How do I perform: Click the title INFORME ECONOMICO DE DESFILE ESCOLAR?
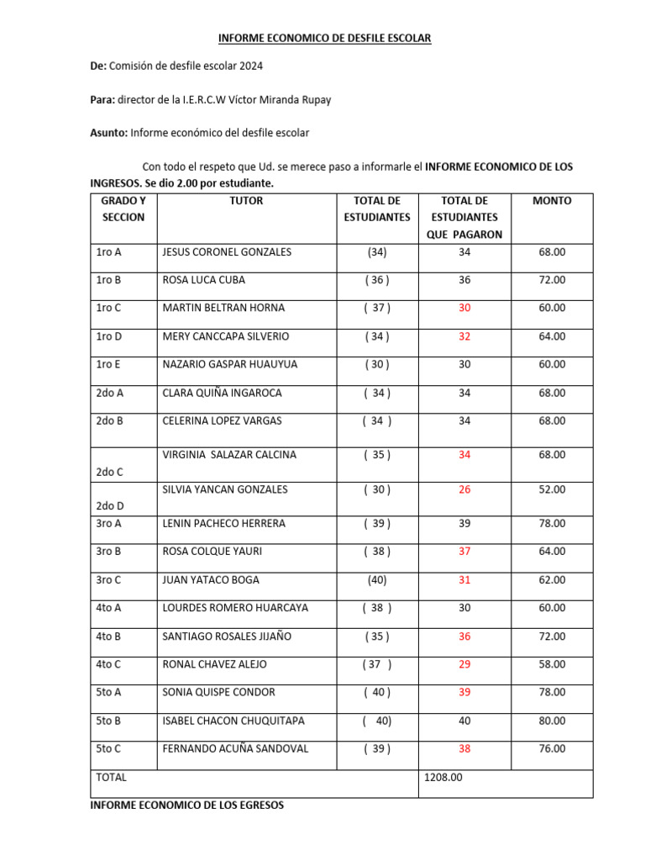point(324,38)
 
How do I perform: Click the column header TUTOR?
point(246,201)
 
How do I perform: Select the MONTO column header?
point(552,201)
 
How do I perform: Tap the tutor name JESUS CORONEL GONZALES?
point(227,251)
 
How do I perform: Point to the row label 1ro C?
point(108,308)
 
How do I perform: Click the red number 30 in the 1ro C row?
point(464,308)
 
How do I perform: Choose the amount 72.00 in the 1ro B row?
point(552,280)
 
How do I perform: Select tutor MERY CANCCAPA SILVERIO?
point(225,336)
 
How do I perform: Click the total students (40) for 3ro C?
point(377,580)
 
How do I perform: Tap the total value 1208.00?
point(444,778)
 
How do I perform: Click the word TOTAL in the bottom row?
point(112,778)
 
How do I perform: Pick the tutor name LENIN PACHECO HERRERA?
point(223,524)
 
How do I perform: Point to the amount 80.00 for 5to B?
point(552,721)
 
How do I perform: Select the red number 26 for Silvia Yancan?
point(464,489)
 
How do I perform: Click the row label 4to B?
point(108,637)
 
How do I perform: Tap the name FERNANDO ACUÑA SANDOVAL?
point(234,748)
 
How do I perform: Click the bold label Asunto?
point(108,133)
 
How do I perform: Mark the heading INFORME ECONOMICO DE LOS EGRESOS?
point(186,806)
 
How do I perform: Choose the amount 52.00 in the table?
point(552,489)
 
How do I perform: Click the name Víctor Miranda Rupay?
point(280,100)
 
